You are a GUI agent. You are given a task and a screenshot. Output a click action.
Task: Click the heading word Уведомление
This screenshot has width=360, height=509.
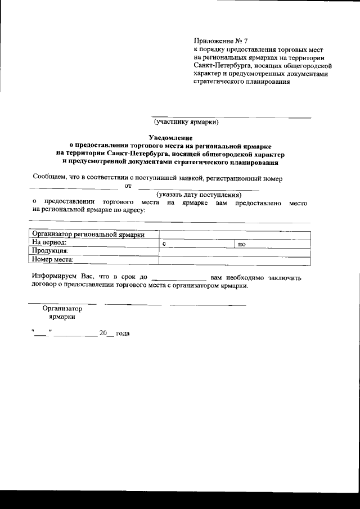tap(170, 137)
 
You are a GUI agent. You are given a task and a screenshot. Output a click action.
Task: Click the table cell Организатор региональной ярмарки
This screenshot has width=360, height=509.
tap(88, 235)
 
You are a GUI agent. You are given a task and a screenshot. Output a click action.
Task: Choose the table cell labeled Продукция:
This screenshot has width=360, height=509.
tap(51, 251)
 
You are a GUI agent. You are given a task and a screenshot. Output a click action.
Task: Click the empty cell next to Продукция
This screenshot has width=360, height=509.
tap(235, 251)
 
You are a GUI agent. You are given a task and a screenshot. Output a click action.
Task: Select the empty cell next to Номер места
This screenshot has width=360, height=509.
tap(235, 260)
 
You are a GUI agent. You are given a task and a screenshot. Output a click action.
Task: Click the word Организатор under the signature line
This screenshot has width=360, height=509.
tap(62, 309)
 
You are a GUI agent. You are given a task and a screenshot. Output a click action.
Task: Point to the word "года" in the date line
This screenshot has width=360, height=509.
tap(123, 334)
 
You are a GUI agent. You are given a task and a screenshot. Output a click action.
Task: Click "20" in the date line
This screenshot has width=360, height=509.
tap(103, 334)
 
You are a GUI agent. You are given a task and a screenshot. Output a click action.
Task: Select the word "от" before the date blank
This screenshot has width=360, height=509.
tap(127, 186)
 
